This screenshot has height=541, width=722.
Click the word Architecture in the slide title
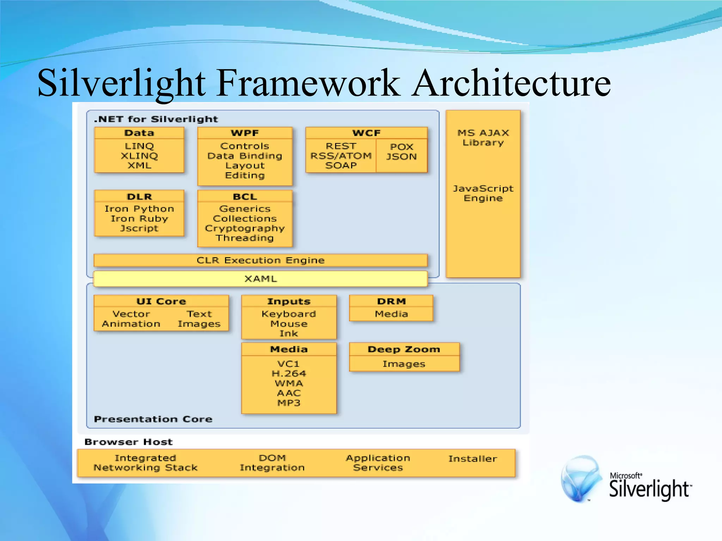511,83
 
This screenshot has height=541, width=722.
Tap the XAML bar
261,279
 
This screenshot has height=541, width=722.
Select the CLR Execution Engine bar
261,260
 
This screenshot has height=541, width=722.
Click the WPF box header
245,133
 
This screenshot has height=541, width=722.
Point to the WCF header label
367,133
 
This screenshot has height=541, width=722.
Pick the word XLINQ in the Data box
139,156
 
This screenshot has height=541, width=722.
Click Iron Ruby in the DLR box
139,218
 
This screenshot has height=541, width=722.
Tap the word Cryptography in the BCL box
245,228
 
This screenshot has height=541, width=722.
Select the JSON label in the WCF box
401,156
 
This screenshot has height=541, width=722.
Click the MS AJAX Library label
483,138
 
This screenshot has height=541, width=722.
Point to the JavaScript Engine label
483,193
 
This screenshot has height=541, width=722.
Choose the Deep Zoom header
404,349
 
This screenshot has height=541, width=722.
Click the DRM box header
391,301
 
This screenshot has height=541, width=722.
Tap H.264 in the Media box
289,373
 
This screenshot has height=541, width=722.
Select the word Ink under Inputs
289,333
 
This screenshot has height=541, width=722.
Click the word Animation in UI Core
131,324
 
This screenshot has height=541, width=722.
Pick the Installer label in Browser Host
472,459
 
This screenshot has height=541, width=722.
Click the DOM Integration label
272,463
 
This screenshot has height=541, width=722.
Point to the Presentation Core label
153,419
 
